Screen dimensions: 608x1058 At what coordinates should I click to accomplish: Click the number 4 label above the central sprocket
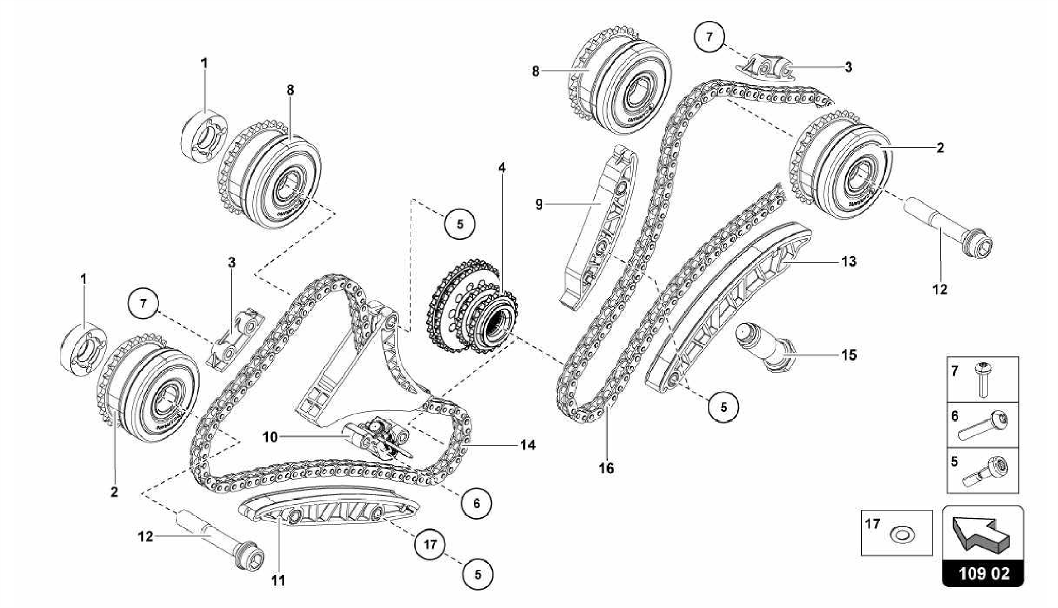point(502,167)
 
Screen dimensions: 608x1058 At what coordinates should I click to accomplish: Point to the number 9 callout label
point(539,205)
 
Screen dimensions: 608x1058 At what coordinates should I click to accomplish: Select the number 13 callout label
point(849,261)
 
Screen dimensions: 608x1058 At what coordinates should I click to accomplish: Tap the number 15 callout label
point(849,355)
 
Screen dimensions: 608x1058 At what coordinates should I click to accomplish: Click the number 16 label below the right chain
point(606,468)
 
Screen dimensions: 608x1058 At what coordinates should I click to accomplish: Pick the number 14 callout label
point(527,445)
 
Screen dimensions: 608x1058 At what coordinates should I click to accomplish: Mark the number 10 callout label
point(270,437)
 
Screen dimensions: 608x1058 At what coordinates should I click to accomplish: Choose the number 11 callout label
point(278,581)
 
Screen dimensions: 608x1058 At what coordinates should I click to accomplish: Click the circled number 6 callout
point(476,503)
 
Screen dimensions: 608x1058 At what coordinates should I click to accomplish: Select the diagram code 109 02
point(984,573)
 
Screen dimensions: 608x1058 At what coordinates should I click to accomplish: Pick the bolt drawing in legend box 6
point(982,426)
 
